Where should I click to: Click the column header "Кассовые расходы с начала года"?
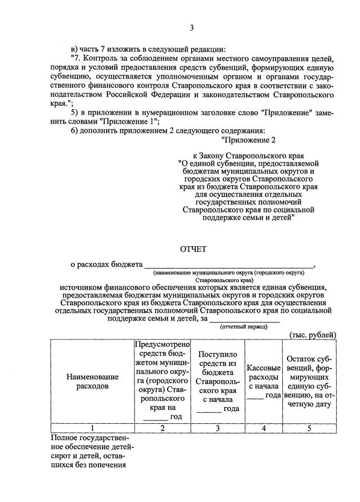(264, 381)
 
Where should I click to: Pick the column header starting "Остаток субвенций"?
(309, 381)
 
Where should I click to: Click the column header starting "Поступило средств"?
(218, 381)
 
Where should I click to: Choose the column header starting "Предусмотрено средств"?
(162, 381)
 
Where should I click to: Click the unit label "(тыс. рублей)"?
(313, 335)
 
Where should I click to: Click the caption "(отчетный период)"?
(244, 326)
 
